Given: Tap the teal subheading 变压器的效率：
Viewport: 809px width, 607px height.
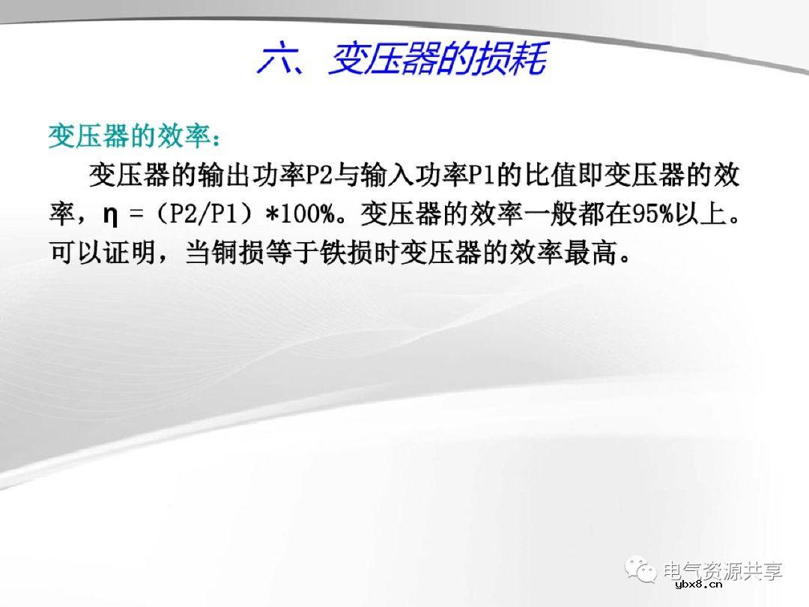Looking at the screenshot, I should (135, 137).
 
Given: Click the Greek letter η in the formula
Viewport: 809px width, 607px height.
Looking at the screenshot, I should (109, 217).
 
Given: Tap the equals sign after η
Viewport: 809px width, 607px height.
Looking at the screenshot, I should (136, 217).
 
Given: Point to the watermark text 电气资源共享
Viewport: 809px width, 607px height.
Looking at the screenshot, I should (722, 571).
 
